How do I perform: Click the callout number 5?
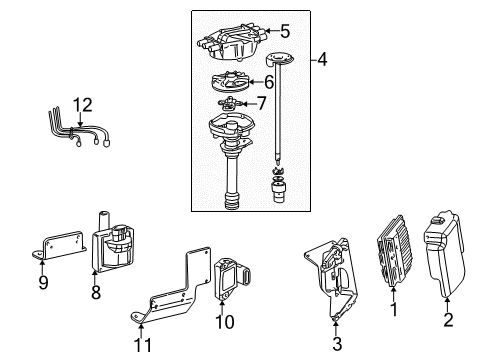coord(284,31)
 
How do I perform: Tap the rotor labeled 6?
coord(235,83)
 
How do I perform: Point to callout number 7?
coord(261,103)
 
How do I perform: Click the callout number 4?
coord(321,60)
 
